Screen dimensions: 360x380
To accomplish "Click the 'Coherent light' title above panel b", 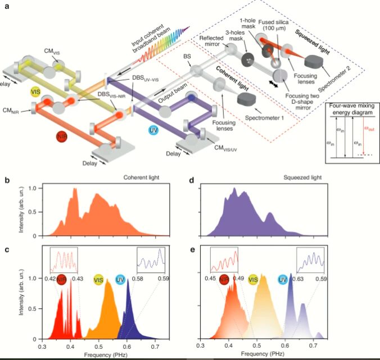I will point(140,179).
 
